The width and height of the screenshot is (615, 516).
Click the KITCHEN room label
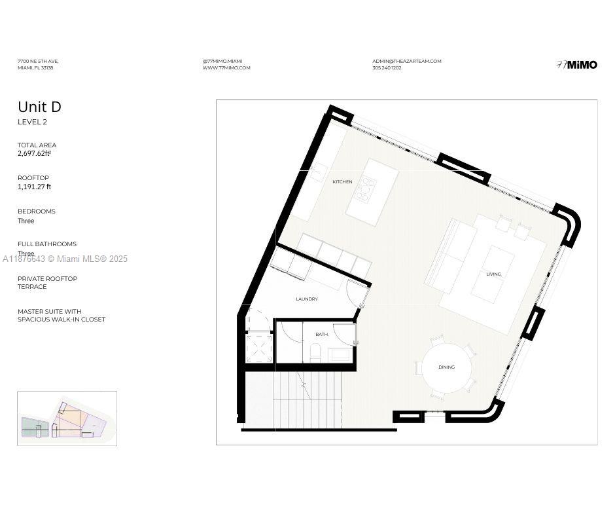coord(342,182)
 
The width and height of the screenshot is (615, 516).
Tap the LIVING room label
coord(493,274)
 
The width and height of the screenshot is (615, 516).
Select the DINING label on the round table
coord(447,367)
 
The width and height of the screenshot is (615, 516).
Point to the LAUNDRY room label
coord(307,299)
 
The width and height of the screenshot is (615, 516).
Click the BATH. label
coord(322,335)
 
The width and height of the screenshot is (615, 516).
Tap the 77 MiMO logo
coord(576,65)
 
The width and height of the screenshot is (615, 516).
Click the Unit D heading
coord(39,107)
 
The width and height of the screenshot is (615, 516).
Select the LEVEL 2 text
coord(32,122)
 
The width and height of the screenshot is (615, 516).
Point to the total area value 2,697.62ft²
coord(34,154)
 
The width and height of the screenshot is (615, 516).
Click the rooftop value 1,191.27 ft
coord(34,187)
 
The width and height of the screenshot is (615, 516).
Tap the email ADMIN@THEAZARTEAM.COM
coord(407,61)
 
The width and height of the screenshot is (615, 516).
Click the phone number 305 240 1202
coord(387,68)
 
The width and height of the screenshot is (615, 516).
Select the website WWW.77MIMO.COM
coord(226,68)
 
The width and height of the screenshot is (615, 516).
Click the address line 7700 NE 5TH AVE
coord(38,61)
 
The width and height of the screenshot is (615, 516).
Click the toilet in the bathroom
coord(315,354)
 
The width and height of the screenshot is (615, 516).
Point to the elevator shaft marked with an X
coord(259,348)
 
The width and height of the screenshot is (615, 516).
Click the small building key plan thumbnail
coord(67,418)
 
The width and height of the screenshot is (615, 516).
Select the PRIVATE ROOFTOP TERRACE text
coord(47,283)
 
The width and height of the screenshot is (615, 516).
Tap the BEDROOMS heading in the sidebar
coord(37,212)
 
